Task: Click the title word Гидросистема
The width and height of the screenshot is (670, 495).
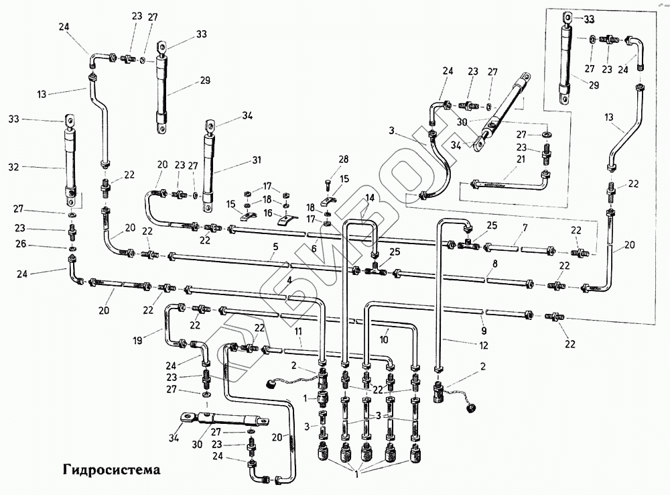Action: [x=112, y=470]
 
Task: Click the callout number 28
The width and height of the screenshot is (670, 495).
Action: [x=344, y=160]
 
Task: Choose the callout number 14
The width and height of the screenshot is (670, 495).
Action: [x=370, y=198]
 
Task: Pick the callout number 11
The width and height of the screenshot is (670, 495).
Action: [x=299, y=331]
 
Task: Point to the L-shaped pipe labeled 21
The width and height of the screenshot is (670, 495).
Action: [x=509, y=183]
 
